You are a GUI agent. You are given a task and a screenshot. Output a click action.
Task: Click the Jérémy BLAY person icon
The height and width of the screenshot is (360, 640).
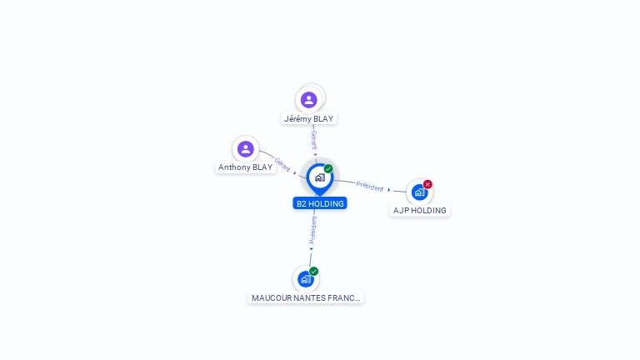[309, 100]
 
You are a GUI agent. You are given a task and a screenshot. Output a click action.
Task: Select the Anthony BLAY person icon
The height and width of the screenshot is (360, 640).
[246, 149]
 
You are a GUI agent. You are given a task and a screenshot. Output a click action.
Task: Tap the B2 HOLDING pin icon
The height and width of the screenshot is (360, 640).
[320, 179]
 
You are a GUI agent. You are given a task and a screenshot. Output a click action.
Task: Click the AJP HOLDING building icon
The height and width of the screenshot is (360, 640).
[420, 192]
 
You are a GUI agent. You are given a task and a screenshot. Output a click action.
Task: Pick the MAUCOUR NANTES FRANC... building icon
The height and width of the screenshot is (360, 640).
[306, 279]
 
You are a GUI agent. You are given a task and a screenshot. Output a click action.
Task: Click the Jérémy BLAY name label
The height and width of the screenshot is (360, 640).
[308, 119]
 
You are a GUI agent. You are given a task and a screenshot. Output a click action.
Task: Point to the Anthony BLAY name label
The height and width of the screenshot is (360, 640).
[245, 167]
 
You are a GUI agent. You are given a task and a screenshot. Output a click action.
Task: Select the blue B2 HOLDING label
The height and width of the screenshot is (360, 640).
[320, 203]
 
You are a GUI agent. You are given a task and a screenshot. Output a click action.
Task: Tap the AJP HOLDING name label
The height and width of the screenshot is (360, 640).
[420, 211]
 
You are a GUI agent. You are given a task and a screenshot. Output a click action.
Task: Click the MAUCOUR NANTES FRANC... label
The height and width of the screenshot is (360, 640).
[306, 298]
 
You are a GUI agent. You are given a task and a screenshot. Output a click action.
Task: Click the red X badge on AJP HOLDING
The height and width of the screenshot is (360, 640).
[427, 184]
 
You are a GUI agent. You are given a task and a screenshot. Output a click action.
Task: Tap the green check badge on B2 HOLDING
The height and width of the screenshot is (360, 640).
[328, 168]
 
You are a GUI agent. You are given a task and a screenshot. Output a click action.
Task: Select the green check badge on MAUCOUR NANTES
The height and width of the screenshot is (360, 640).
[313, 272]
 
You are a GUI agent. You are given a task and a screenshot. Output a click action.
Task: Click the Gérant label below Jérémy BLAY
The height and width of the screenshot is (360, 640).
[314, 140]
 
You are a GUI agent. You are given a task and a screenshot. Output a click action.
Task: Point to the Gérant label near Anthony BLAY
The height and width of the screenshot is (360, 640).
[282, 164]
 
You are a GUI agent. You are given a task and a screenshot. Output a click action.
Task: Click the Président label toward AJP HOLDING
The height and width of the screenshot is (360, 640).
[370, 187]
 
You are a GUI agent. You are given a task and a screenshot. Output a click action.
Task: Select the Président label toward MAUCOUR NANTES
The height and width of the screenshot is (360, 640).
[312, 230]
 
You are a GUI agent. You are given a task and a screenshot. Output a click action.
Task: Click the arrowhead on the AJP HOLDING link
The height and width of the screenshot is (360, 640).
[389, 190]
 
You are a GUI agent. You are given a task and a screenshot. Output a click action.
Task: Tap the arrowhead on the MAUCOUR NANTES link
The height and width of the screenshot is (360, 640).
[311, 249]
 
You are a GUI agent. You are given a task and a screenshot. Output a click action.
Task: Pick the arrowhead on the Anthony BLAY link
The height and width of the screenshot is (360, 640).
[295, 173]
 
